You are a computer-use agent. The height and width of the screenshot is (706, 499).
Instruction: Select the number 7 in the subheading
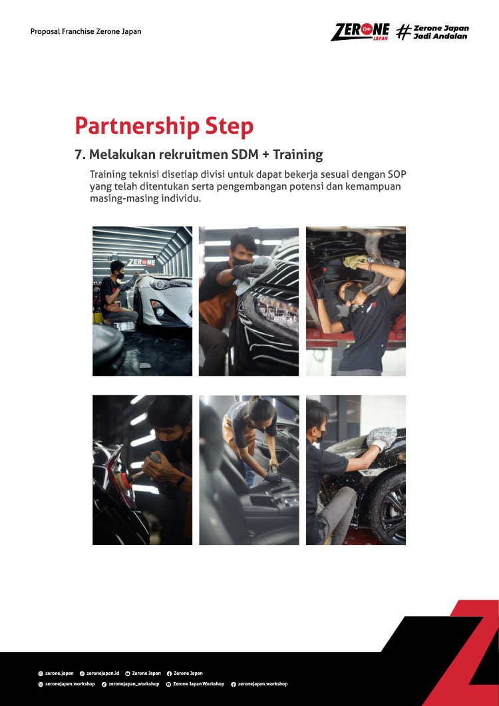coord(78,155)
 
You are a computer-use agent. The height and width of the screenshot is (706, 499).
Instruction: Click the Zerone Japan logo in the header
coord(360,31)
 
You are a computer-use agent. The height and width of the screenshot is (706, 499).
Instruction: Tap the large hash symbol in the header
coord(403,32)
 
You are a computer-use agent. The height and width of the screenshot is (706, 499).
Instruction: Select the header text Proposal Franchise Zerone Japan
coord(86,31)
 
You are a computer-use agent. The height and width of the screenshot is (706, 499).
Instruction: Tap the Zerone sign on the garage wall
coord(140,262)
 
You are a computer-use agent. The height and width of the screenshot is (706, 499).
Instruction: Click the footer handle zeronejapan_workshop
coord(134,683)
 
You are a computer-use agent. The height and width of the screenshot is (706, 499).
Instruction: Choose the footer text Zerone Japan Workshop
coord(198,683)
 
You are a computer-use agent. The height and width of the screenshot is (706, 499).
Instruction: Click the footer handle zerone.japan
coord(59,673)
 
